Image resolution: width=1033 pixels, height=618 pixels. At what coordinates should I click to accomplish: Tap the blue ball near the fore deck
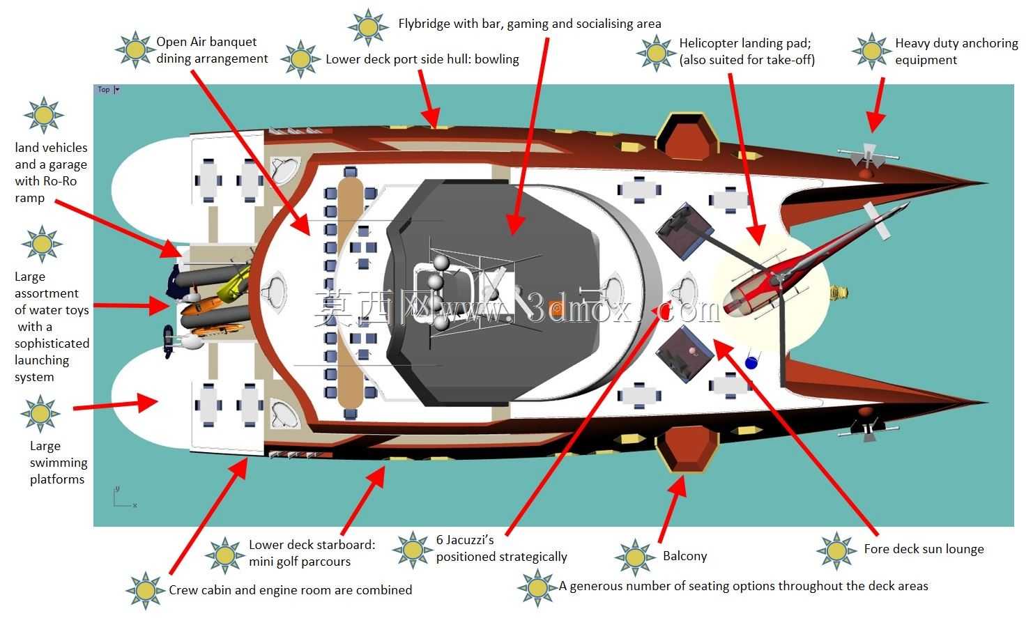[x=751, y=363]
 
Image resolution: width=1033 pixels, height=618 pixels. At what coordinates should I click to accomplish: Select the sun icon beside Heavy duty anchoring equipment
[x=871, y=51]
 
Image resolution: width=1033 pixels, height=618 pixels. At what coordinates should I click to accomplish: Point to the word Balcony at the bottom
[x=684, y=556]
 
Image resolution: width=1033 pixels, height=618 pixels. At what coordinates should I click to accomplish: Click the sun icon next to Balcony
[x=635, y=557]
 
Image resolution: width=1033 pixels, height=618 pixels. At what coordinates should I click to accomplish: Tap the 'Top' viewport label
[x=104, y=89]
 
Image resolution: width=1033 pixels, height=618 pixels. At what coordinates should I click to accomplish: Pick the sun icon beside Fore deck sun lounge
[x=836, y=550]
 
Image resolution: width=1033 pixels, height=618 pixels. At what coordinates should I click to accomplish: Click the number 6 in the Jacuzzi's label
[x=440, y=540]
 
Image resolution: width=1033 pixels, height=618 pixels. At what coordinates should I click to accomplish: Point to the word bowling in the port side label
[x=497, y=59]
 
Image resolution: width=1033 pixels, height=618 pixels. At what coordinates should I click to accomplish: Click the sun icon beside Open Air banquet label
[x=135, y=49]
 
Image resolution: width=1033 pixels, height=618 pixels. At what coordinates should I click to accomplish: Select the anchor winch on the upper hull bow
[x=867, y=157]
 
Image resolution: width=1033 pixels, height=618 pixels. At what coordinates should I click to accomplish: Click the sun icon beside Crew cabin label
[x=145, y=590]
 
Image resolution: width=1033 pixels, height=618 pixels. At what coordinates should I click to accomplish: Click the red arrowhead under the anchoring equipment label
[x=875, y=122]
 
